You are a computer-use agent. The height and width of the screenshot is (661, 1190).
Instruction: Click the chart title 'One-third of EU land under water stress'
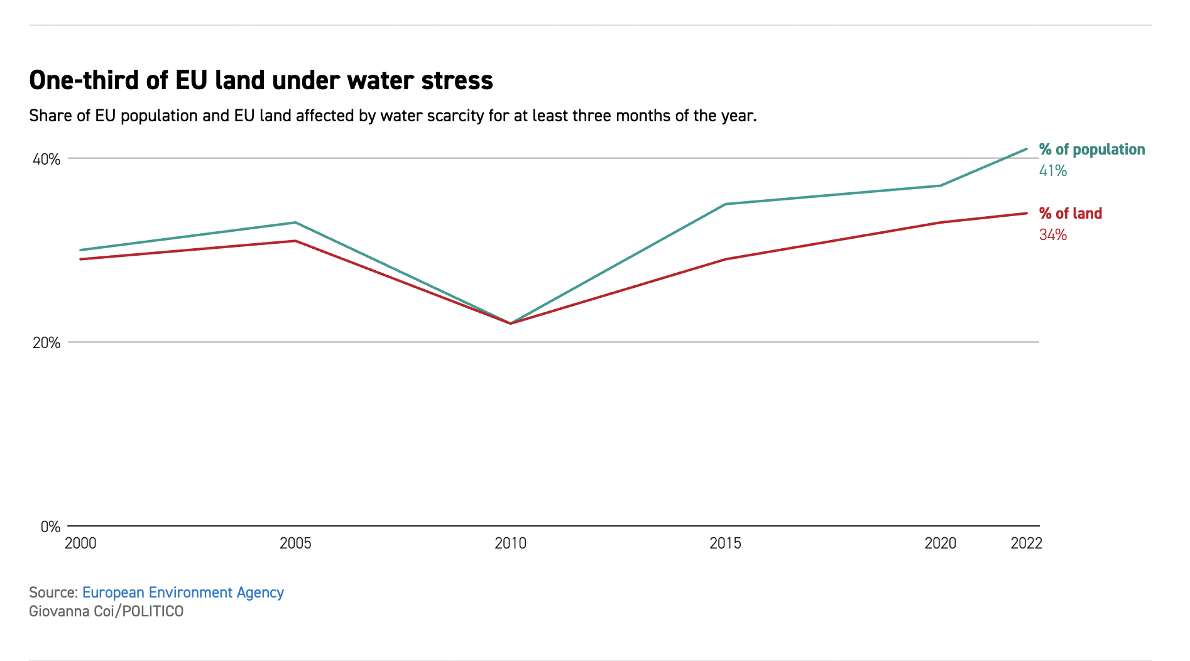pyautogui.click(x=261, y=80)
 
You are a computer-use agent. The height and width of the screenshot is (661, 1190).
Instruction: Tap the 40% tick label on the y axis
pyautogui.click(x=46, y=159)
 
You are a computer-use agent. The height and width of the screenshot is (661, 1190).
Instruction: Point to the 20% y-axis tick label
pyautogui.click(x=46, y=342)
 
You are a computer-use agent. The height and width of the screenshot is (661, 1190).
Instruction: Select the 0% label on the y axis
pyautogui.click(x=50, y=527)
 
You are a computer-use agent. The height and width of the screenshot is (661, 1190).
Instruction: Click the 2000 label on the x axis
pyautogui.click(x=80, y=544)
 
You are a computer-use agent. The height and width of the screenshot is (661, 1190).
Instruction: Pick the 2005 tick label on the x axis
pyautogui.click(x=295, y=544)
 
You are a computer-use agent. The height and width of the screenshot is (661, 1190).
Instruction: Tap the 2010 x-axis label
pyautogui.click(x=510, y=544)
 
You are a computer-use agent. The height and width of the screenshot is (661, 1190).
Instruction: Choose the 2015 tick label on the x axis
pyautogui.click(x=725, y=544)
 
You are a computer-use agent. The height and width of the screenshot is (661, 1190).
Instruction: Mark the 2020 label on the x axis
pyautogui.click(x=940, y=544)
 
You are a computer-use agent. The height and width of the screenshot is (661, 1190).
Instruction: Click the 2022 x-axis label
pyautogui.click(x=1026, y=544)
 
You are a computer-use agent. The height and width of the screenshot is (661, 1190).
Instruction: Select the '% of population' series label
pyautogui.click(x=1091, y=150)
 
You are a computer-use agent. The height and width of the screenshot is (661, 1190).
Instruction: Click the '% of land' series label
pyautogui.click(x=1070, y=214)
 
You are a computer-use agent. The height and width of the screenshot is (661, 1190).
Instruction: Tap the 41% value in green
pyautogui.click(x=1052, y=171)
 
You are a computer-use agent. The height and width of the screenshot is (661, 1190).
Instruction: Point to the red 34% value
pyautogui.click(x=1052, y=235)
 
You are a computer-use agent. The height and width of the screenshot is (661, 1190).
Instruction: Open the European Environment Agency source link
pyautogui.click(x=183, y=593)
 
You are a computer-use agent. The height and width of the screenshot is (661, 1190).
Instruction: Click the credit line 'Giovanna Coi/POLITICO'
pyautogui.click(x=106, y=611)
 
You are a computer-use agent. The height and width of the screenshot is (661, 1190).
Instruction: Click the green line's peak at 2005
pyautogui.click(x=295, y=222)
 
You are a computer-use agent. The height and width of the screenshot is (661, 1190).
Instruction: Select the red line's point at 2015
pyautogui.click(x=725, y=259)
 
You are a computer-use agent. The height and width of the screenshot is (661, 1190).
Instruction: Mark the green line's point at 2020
pyautogui.click(x=940, y=185)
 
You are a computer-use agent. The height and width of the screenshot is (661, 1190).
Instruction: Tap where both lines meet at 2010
pyautogui.click(x=510, y=323)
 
